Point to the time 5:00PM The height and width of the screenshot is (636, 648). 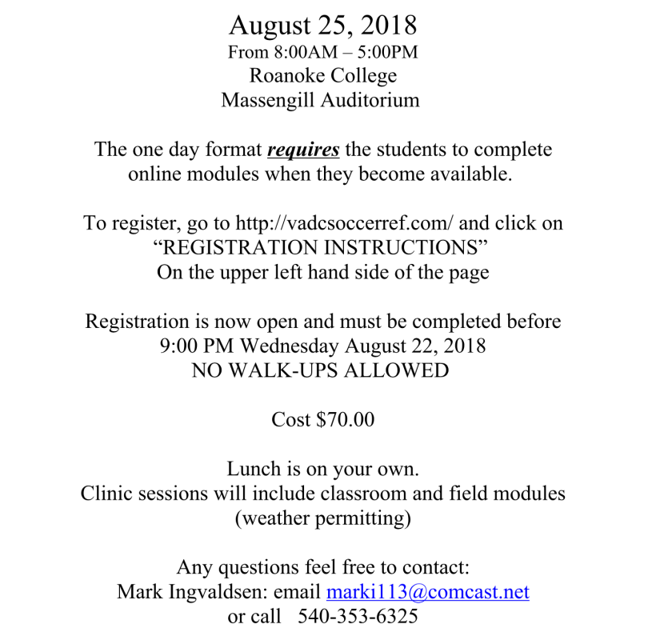coord(388,53)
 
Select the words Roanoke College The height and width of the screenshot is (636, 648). coord(323,77)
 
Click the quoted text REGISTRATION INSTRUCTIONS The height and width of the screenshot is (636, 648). coord(323,247)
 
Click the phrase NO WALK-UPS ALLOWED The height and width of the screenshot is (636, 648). coord(323,370)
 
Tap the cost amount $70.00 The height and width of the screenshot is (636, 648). coord(346,419)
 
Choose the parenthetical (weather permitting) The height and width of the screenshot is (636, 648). coord(323,518)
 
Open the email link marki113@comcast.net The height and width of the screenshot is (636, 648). coord(427,592)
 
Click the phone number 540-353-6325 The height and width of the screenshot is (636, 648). coord(358,617)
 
